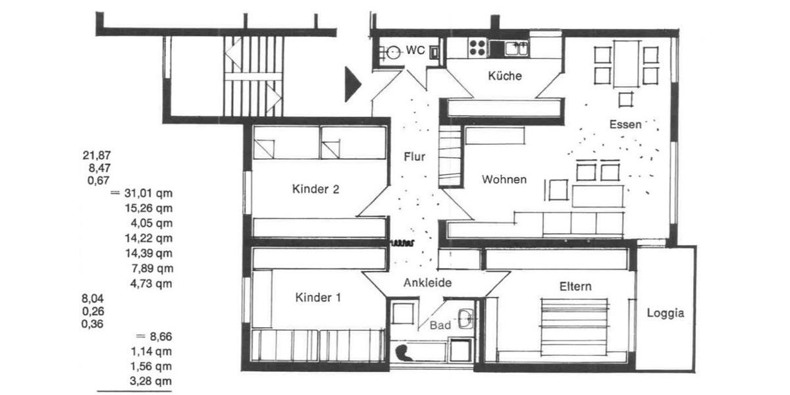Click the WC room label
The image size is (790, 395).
(415, 50)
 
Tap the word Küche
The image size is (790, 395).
(505, 76)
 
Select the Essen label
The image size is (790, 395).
(625, 124)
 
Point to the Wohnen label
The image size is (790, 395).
(504, 179)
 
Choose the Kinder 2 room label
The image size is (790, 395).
(315, 190)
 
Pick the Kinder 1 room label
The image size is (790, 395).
(318, 298)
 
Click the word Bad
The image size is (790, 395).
(440, 325)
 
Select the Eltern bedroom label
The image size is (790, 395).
(575, 286)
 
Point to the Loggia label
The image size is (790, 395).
(666, 313)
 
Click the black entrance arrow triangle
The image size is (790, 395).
(353, 84)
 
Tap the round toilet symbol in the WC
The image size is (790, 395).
(394, 52)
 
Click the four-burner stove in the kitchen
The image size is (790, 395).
(477, 47)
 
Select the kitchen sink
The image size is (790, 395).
(517, 47)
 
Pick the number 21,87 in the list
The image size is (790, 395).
(97, 155)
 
